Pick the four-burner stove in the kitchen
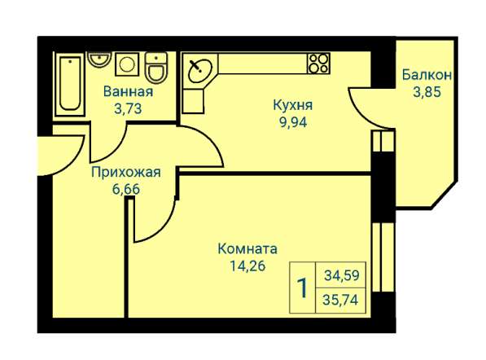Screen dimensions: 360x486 (317, 63)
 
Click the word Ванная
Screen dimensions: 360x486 (128, 91)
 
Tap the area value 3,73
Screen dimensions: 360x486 (128, 106)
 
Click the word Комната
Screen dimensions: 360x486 (249, 248)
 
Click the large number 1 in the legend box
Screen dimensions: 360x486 (302, 288)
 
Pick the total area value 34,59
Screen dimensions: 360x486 (341, 275)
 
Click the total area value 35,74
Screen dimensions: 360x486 (341, 299)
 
